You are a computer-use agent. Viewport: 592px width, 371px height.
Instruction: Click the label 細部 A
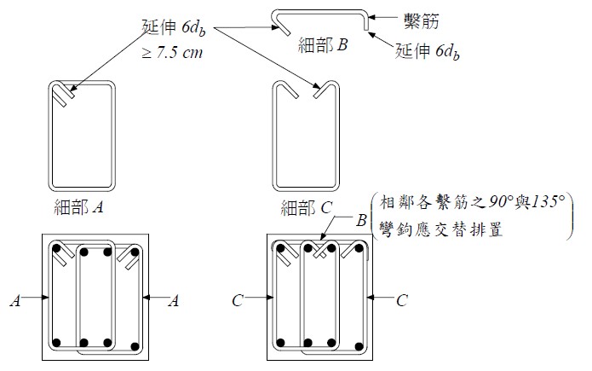pyautogui.click(x=78, y=207)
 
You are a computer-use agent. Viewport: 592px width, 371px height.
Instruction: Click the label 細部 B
pyautogui.click(x=323, y=45)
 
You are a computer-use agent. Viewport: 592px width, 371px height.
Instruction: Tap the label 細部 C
pyautogui.click(x=306, y=207)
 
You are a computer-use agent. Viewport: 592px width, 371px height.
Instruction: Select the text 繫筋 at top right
pyautogui.click(x=422, y=20)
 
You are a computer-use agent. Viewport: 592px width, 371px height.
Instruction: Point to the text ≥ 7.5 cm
pyautogui.click(x=172, y=52)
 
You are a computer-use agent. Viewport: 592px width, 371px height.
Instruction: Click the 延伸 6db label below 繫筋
pyautogui.click(x=428, y=51)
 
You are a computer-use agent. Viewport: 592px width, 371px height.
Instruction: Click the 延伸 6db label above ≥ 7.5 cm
pyautogui.click(x=174, y=27)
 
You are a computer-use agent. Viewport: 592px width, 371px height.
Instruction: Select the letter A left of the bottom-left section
pyautogui.click(x=15, y=301)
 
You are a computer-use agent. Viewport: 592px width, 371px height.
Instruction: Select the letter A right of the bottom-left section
pyautogui.click(x=174, y=301)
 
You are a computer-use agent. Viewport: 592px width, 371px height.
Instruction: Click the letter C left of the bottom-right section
pyautogui.click(x=238, y=301)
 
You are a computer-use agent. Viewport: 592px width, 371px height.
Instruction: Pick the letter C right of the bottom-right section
pyautogui.click(x=402, y=301)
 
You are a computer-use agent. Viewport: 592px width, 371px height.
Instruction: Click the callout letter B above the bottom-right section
pyautogui.click(x=362, y=220)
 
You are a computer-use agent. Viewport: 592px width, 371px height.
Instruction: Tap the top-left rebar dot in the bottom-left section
pyautogui.click(x=56, y=249)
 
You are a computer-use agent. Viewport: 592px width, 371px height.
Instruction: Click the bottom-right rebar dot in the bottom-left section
pyautogui.click(x=135, y=346)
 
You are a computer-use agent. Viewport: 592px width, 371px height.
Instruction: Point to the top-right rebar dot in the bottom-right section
pyautogui.click(x=359, y=248)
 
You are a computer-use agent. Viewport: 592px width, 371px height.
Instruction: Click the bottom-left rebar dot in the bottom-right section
pyautogui.click(x=280, y=343)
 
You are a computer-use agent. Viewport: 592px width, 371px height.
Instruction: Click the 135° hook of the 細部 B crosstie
pyautogui.click(x=281, y=23)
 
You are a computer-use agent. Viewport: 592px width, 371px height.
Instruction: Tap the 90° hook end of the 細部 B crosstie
pyautogui.click(x=365, y=28)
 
